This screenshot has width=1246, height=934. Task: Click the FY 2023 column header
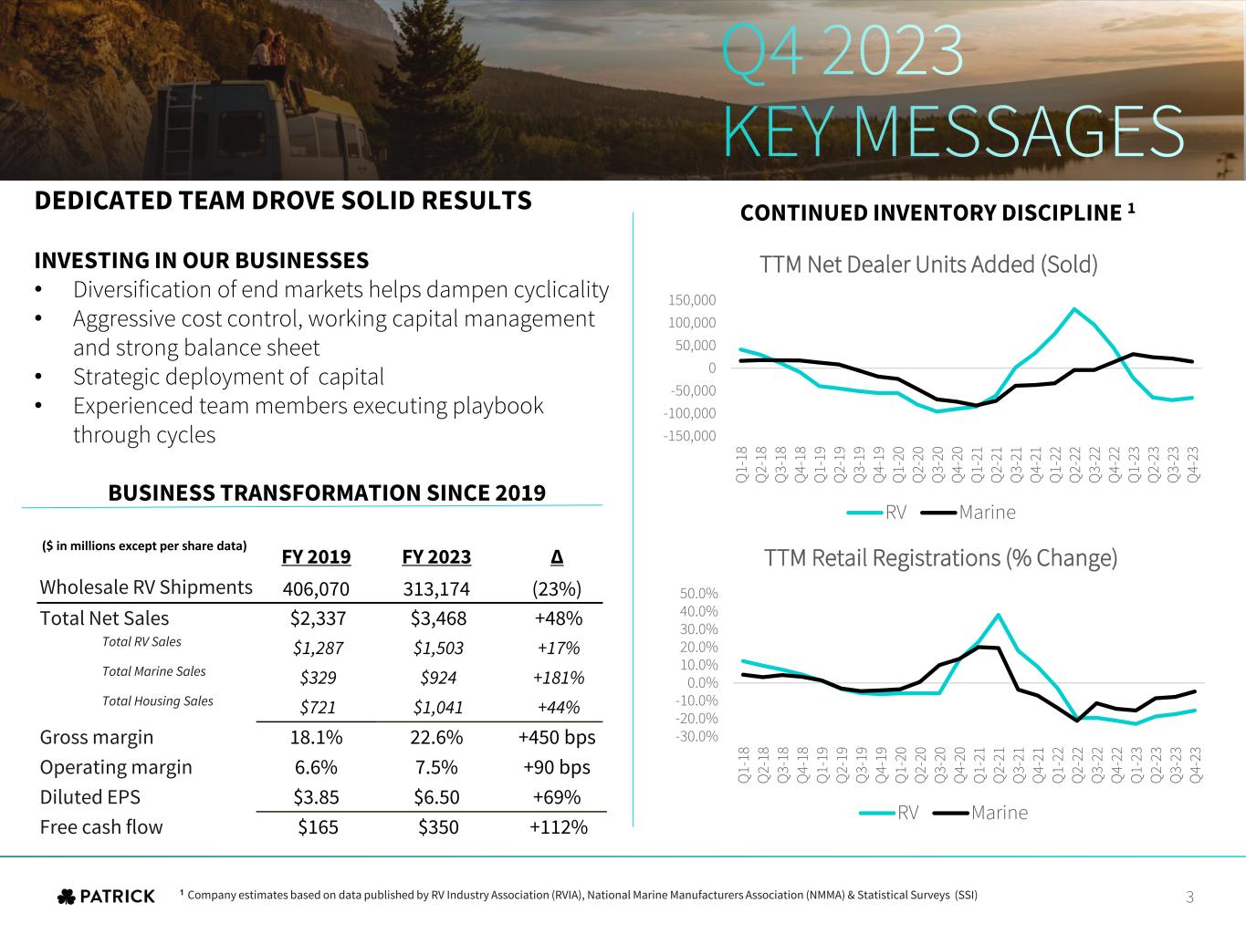436,557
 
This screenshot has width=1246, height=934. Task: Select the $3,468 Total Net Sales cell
438,618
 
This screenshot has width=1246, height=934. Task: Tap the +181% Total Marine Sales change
557,678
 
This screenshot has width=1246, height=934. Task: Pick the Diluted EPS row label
90,797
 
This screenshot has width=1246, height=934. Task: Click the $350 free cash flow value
438,827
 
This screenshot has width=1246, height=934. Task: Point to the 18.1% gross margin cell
316,737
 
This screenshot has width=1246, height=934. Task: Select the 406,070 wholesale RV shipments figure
317,588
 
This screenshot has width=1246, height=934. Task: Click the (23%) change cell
557,588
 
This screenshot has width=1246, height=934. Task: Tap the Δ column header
557,557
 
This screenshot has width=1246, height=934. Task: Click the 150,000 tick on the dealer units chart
693,300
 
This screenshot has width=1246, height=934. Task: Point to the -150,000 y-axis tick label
691,436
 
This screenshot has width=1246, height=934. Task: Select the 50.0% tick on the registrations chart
698,594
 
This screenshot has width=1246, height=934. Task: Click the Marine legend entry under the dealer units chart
986,512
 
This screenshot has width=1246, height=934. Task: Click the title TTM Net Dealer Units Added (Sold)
928,265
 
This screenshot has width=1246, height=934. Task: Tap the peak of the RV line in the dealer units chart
1075,308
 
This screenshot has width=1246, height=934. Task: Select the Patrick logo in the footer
106,897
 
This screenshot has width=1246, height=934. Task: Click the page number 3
1189,898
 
